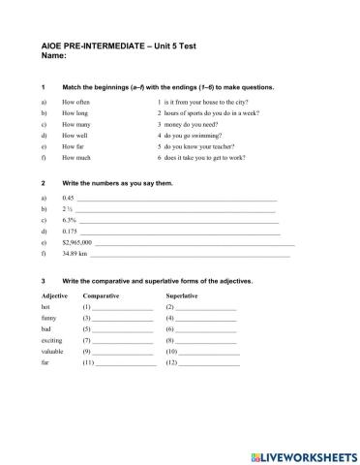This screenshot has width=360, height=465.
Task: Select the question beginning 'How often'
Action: [x=75, y=101]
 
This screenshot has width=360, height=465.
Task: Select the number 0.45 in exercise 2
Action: [x=68, y=198]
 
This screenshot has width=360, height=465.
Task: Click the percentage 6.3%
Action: [x=69, y=220]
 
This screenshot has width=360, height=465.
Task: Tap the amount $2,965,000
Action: [x=76, y=243]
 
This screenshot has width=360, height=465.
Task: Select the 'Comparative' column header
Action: [x=102, y=294]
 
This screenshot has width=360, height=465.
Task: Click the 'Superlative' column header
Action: [x=182, y=294]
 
